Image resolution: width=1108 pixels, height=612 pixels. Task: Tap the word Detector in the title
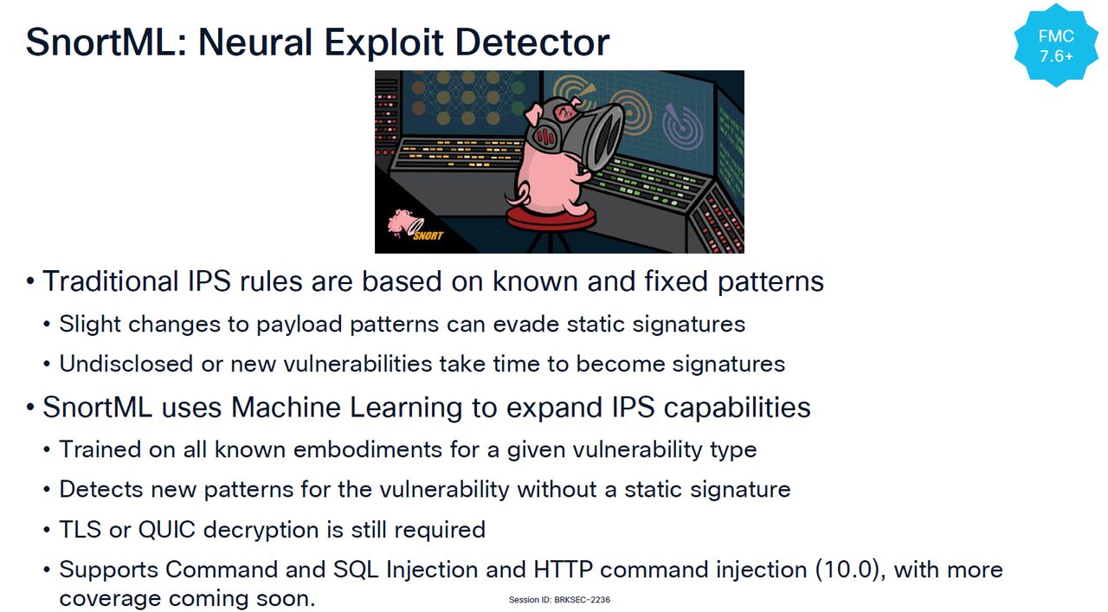pyautogui.click(x=532, y=42)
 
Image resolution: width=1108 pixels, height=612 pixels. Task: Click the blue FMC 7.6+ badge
pyautogui.click(x=1055, y=46)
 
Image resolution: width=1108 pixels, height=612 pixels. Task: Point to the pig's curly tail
pyautogui.click(x=514, y=196)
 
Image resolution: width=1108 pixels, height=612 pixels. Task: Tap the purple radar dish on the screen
pyautogui.click(x=683, y=126)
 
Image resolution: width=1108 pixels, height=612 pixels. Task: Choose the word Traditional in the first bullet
pyautogui.click(x=110, y=281)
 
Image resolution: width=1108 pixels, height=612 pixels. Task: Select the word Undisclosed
pyautogui.click(x=126, y=364)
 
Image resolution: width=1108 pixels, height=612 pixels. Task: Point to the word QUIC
pyautogui.click(x=167, y=530)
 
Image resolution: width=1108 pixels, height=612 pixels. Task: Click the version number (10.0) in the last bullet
pyautogui.click(x=847, y=570)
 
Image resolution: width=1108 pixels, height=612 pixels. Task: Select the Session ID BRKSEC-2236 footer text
pyautogui.click(x=559, y=600)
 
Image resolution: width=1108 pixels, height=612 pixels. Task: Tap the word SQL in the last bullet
pyautogui.click(x=356, y=570)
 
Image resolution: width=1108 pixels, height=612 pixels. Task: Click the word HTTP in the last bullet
pyautogui.click(x=563, y=570)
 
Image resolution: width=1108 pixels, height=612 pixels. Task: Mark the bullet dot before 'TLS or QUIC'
pyautogui.click(x=47, y=531)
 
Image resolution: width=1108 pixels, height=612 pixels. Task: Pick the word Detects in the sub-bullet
pyautogui.click(x=101, y=490)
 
